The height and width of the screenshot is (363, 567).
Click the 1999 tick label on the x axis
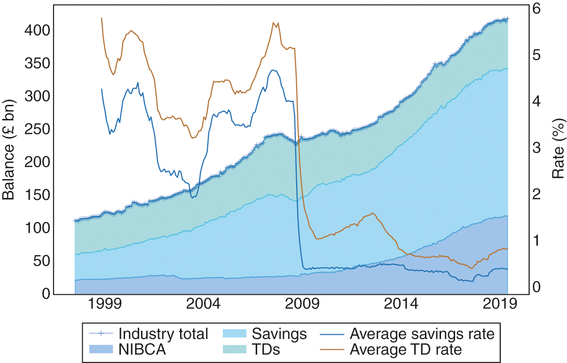[x=104, y=304]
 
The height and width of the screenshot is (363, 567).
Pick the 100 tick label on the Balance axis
[x=37, y=228]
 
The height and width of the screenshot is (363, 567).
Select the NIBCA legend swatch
[x=101, y=349]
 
